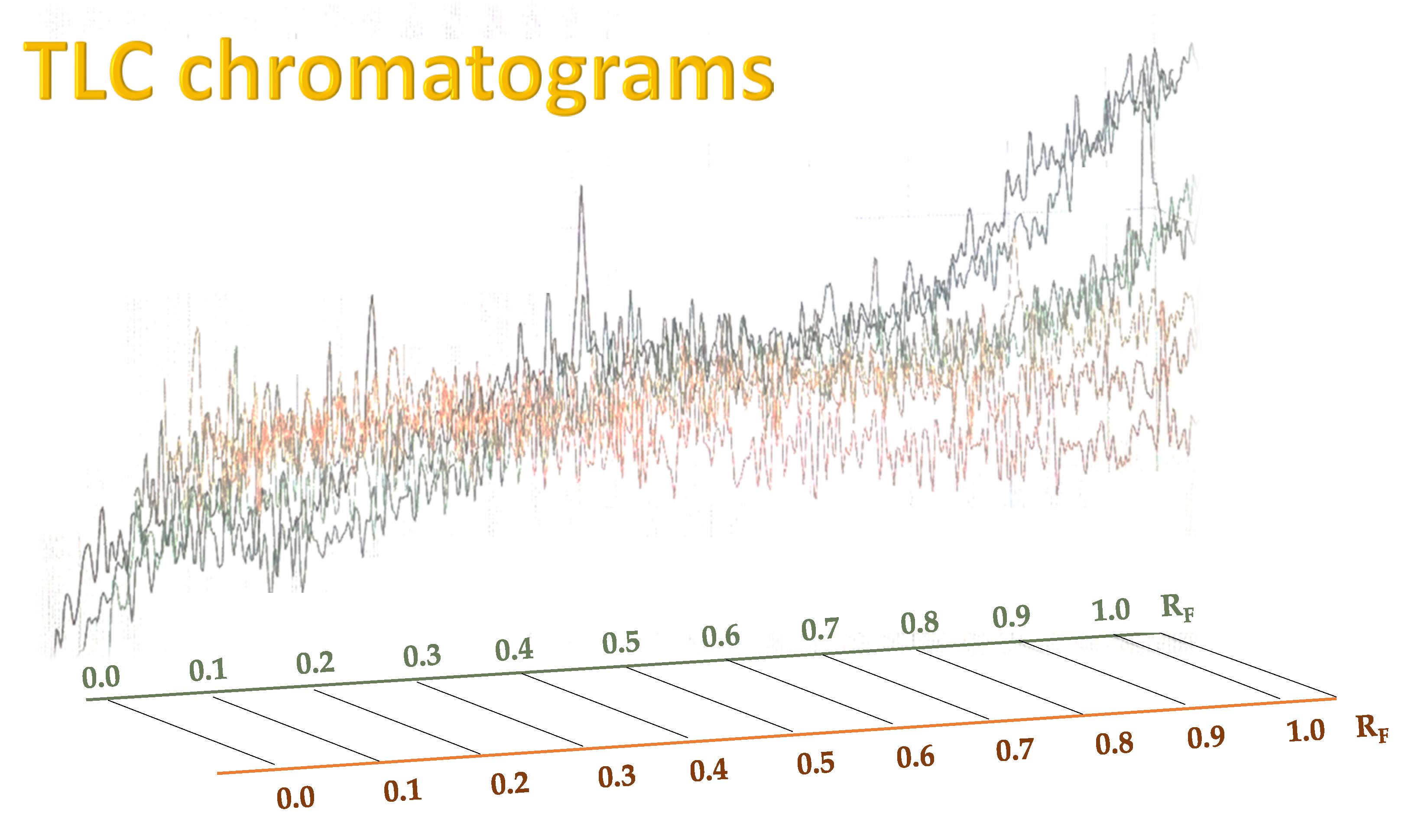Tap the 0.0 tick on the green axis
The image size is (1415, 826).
coord(101,677)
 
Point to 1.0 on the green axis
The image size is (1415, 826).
coord(1111,610)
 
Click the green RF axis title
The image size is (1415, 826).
coord(1176,608)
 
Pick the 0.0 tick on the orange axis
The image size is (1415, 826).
coord(295,798)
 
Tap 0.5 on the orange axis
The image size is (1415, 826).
coord(815,763)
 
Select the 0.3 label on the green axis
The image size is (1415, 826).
coord(422,656)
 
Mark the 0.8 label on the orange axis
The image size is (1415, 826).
coord(1114,744)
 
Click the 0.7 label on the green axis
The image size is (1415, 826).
coord(819,629)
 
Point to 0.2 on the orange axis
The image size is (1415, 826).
coord(510,784)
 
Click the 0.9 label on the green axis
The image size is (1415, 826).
coord(1011,617)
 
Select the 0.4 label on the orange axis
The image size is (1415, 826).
coord(709,771)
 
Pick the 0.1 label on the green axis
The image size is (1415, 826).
coord(208,670)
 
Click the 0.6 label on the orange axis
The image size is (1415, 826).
coord(915,757)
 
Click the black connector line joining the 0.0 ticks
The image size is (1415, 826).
coord(191,732)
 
